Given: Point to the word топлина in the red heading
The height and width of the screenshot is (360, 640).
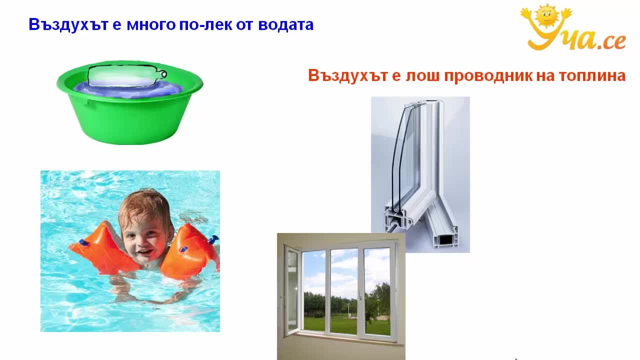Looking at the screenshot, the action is click(592, 76).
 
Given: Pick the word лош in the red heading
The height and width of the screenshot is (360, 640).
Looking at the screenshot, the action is click(422, 76).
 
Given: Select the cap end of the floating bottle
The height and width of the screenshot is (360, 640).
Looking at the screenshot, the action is click(162, 74).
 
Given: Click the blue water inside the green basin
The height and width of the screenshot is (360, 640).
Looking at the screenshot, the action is click(128, 89).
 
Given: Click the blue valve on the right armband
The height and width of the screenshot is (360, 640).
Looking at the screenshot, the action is click(213, 238).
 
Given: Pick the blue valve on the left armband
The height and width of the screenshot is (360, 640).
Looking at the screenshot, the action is click(83, 243).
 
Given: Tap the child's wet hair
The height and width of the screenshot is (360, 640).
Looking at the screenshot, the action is click(144, 204).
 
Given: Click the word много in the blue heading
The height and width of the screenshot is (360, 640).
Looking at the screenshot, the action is click(151, 25).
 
